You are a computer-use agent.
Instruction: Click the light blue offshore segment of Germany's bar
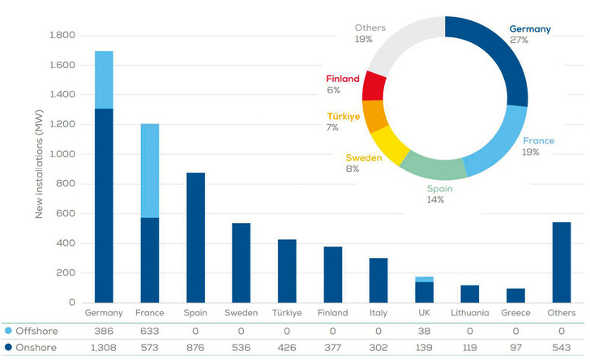click(104, 79)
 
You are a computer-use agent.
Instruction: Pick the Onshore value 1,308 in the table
click(104, 347)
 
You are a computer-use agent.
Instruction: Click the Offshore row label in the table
click(36, 332)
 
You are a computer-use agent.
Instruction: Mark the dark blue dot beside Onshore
click(7, 347)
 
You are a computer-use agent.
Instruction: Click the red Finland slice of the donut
click(374, 86)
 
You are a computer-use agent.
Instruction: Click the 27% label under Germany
click(519, 41)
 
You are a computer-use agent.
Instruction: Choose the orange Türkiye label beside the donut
click(343, 117)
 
